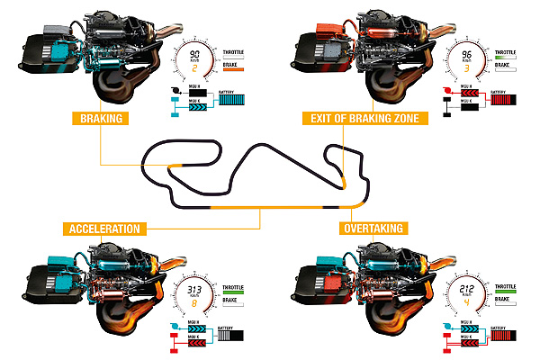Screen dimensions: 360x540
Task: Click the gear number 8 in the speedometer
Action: pyautogui.click(x=193, y=304)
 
